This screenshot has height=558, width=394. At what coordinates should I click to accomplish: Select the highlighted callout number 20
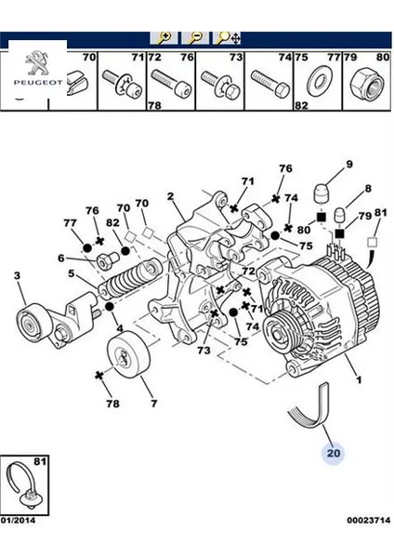(x=334, y=453)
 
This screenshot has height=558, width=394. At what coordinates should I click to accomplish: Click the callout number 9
(x=349, y=165)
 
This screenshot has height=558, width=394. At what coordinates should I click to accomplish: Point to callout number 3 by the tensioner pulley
(x=16, y=275)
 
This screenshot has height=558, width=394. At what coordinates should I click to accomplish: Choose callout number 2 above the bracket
(x=170, y=196)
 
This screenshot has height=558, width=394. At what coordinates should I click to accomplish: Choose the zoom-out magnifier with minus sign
(x=196, y=38)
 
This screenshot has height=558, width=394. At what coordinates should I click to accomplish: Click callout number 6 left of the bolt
(x=61, y=259)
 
